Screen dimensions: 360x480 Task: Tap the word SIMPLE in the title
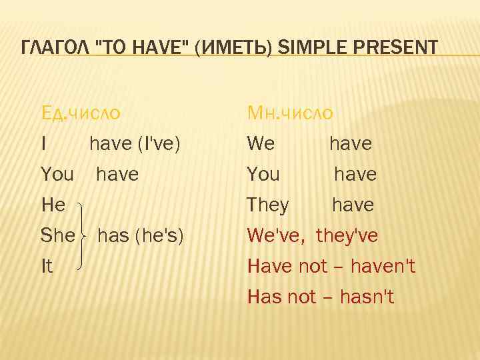pyautogui.click(x=309, y=48)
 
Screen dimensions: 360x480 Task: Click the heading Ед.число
pyautogui.click(x=81, y=113)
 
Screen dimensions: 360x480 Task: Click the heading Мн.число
pyautogui.click(x=290, y=113)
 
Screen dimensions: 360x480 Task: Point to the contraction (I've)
pyautogui.click(x=159, y=144)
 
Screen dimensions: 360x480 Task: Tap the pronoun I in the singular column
pyautogui.click(x=44, y=144)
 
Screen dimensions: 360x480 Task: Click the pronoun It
pyautogui.click(x=47, y=267)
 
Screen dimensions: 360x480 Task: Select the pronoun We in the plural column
pyautogui.click(x=261, y=144)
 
